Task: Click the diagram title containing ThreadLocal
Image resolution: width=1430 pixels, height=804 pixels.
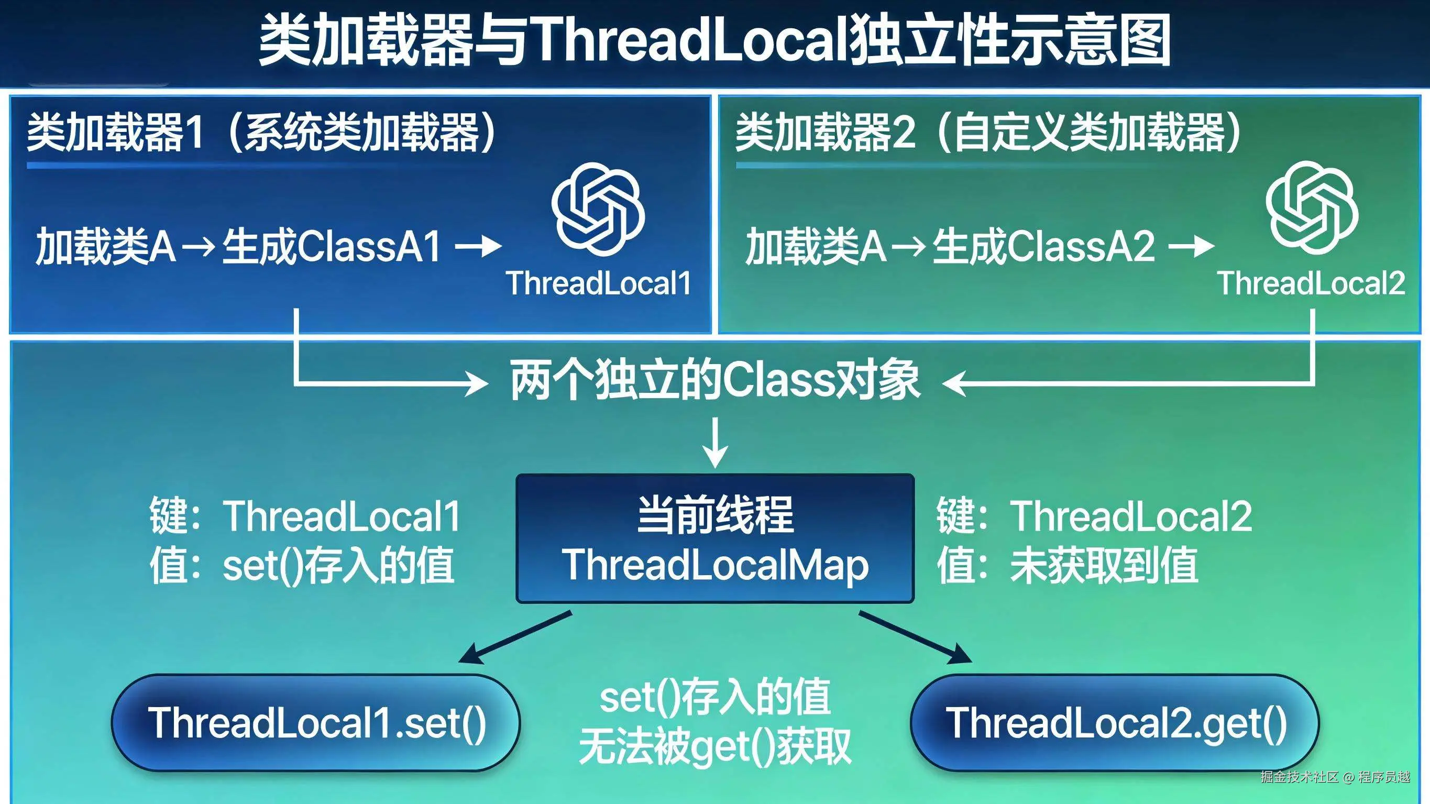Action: (x=715, y=40)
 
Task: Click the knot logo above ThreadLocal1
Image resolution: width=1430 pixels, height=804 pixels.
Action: (x=598, y=209)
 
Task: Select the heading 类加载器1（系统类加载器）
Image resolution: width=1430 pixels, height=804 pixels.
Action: (x=261, y=133)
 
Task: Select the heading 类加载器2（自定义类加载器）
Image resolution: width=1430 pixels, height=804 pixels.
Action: (x=988, y=133)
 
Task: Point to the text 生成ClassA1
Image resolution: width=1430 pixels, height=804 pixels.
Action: (x=332, y=247)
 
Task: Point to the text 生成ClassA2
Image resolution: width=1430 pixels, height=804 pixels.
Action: (x=1043, y=247)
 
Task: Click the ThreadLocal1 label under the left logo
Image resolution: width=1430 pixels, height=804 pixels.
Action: (x=598, y=284)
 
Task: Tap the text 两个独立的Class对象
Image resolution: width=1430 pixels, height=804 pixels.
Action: (x=715, y=381)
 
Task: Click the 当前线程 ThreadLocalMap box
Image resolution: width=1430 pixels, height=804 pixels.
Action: (x=715, y=538)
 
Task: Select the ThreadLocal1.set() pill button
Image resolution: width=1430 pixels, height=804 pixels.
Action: (x=316, y=723)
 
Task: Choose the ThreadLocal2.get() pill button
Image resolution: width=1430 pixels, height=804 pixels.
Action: (x=1115, y=723)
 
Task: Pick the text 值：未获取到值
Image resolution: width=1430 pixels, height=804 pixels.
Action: (x=1067, y=566)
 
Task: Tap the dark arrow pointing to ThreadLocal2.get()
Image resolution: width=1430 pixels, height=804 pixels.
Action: (x=915, y=637)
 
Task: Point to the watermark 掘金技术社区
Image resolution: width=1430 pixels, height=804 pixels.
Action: (x=1300, y=777)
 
